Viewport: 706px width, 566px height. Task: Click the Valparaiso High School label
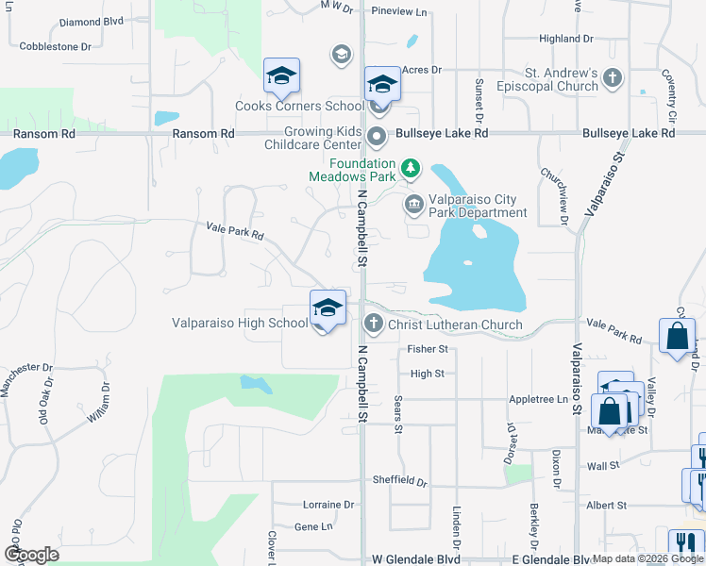pyautogui.click(x=240, y=324)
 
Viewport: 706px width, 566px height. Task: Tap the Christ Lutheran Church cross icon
pyautogui.click(x=374, y=325)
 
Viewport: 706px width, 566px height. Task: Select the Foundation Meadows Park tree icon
pyautogui.click(x=411, y=169)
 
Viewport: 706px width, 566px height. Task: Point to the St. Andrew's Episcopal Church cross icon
pyautogui.click(x=613, y=79)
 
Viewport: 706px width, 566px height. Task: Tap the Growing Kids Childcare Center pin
pyautogui.click(x=377, y=138)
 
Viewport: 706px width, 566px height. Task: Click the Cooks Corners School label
pyautogui.click(x=286, y=107)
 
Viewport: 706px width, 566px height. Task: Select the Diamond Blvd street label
pyautogui.click(x=92, y=21)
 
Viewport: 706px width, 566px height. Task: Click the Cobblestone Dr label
pyautogui.click(x=56, y=45)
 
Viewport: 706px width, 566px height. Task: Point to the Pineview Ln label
pyautogui.click(x=399, y=11)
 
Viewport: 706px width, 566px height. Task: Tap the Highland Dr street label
pyautogui.click(x=566, y=39)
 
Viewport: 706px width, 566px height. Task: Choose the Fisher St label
pyautogui.click(x=427, y=349)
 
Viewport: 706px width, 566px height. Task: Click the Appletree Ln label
pyautogui.click(x=538, y=399)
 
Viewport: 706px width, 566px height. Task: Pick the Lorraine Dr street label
pyautogui.click(x=328, y=505)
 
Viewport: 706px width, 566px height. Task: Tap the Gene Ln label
pyautogui.click(x=314, y=527)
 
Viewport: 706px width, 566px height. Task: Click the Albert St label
pyautogui.click(x=606, y=506)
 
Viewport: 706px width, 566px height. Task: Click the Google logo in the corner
pyautogui.click(x=32, y=554)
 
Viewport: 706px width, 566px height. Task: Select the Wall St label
pyautogui.click(x=602, y=465)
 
